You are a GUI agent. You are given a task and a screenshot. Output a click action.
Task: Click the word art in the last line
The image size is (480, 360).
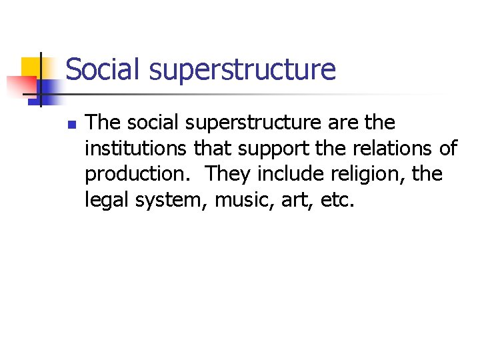[296, 199]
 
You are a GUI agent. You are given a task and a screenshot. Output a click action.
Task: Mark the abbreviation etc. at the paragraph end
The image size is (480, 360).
[338, 199]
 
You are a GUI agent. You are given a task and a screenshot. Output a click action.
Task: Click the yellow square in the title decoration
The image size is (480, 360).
[31, 67]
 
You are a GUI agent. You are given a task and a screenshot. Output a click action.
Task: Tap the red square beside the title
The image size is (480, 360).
[21, 85]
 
